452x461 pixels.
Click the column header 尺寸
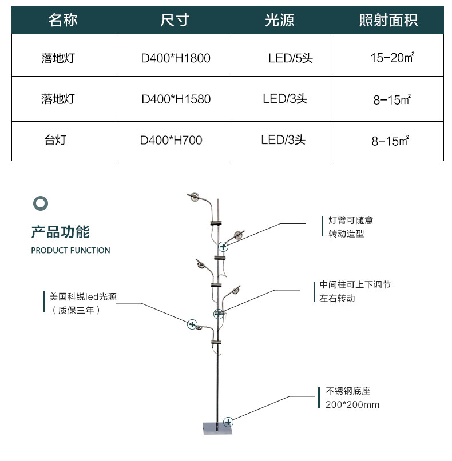tap(175, 20)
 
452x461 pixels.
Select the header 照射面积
tap(388, 20)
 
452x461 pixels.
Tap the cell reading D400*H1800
tap(176, 58)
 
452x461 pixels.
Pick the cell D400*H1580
tap(176, 99)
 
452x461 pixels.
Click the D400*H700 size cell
tap(171, 140)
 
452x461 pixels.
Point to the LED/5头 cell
tap(290, 58)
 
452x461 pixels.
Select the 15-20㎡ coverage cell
tap(392, 57)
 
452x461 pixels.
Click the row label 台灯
tap(55, 139)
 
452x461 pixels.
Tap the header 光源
tap(279, 20)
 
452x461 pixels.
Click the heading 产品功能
tap(61, 232)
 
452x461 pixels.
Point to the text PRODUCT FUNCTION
tap(71, 250)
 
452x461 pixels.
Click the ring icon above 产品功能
tap(41, 203)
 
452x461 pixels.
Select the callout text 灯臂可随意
tap(351, 220)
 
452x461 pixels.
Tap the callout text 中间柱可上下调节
tap(355, 284)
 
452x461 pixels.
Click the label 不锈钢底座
tap(348, 391)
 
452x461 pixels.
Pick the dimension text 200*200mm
tap(352, 405)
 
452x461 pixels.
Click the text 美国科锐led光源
tap(83, 296)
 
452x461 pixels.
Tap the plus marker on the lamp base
tap(228, 422)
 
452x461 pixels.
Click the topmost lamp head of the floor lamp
tap(195, 196)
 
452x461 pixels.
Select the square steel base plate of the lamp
tap(217, 428)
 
